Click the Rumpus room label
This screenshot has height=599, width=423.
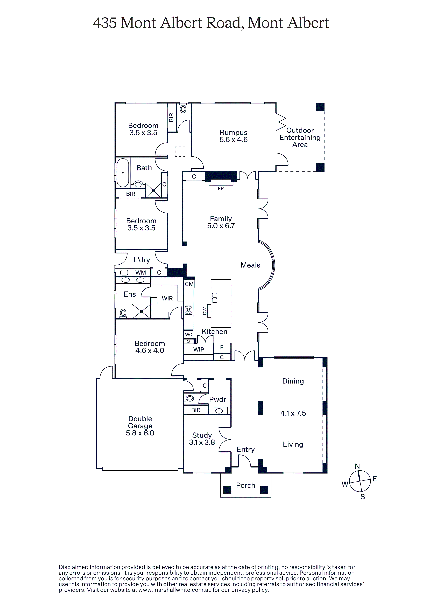(233, 133)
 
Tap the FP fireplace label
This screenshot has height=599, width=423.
(221, 189)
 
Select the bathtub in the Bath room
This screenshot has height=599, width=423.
(123, 173)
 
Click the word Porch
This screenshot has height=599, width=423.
(245, 485)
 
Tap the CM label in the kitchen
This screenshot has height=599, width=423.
(189, 284)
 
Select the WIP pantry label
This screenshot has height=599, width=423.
(199, 350)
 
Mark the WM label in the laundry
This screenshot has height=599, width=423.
(140, 273)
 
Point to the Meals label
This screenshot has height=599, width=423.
(250, 265)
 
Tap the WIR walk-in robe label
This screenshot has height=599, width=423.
(167, 298)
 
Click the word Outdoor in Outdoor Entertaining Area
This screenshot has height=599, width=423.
(300, 130)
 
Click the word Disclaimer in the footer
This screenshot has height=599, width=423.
(73, 567)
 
